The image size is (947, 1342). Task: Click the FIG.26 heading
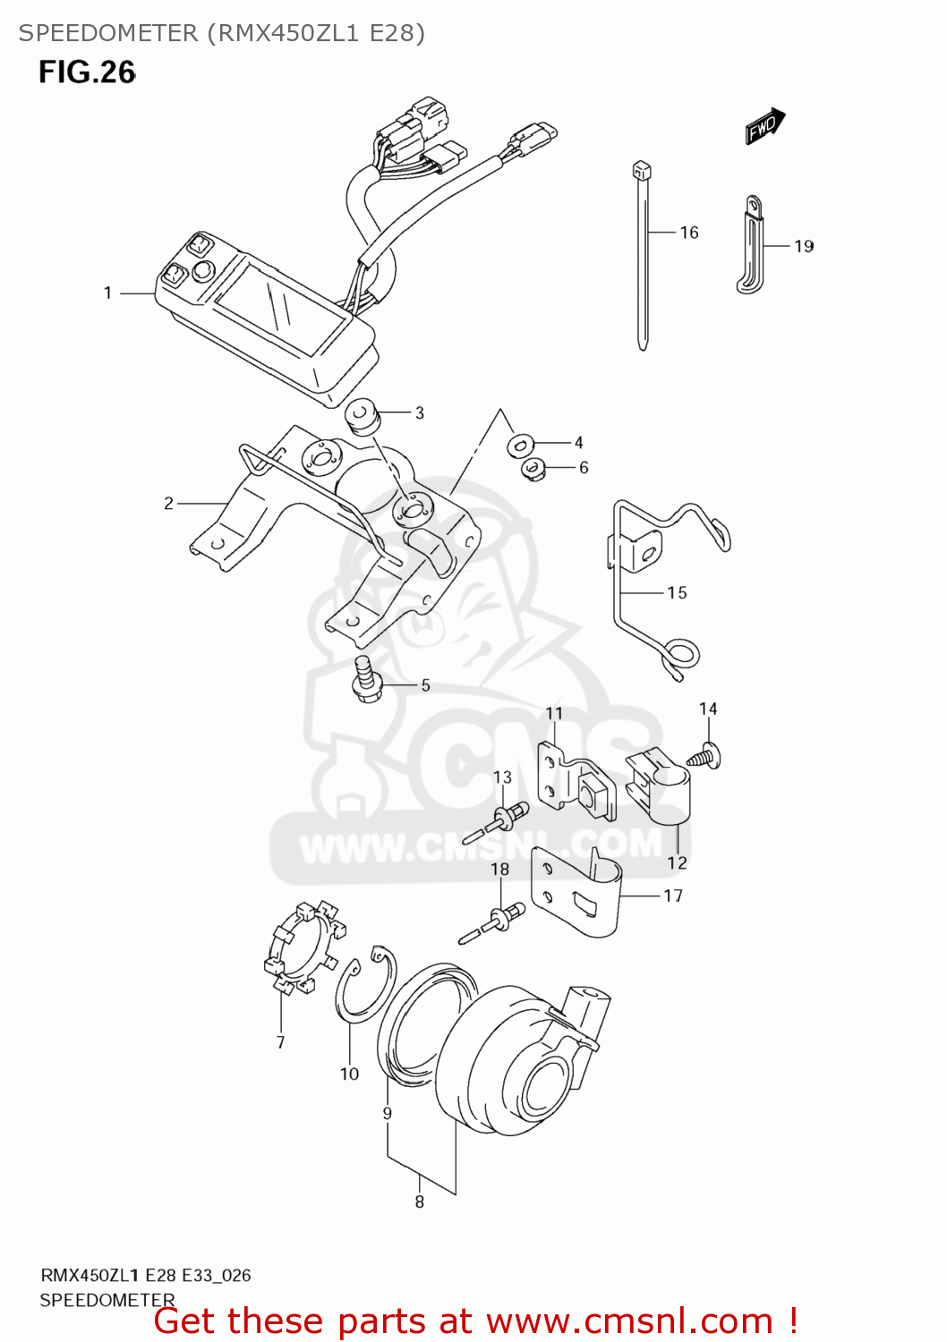click(87, 72)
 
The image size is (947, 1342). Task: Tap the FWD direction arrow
click(764, 126)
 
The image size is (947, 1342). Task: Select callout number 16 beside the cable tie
click(688, 233)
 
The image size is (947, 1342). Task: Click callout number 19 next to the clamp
click(803, 246)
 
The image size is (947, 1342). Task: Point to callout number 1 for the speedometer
click(107, 293)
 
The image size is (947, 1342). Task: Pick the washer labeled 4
click(521, 444)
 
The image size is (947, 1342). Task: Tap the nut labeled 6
click(533, 468)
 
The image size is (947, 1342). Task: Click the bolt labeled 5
click(367, 680)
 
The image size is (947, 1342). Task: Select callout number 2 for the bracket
click(168, 504)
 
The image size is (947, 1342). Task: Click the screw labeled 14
click(707, 756)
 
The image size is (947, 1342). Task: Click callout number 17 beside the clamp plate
click(673, 896)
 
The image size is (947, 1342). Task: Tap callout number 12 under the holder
click(677, 862)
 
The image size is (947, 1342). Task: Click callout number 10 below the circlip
click(349, 1074)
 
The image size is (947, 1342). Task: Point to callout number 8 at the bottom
click(419, 1202)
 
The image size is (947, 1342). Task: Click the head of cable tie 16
click(641, 170)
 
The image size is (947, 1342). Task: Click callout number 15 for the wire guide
click(677, 592)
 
